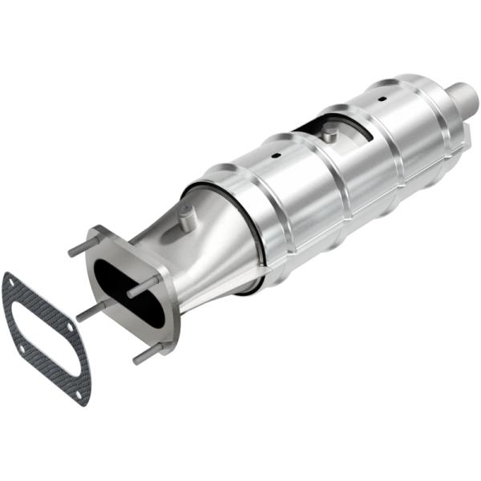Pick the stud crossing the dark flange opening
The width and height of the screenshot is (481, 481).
point(144,285)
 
